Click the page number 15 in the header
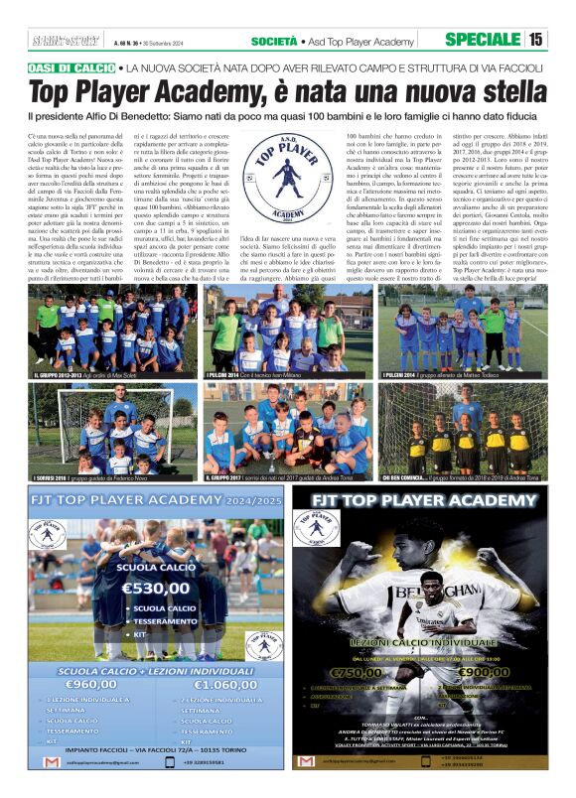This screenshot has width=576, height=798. [535, 40]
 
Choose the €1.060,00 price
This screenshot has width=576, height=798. [225, 684]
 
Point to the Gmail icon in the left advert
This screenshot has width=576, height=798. [52, 761]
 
